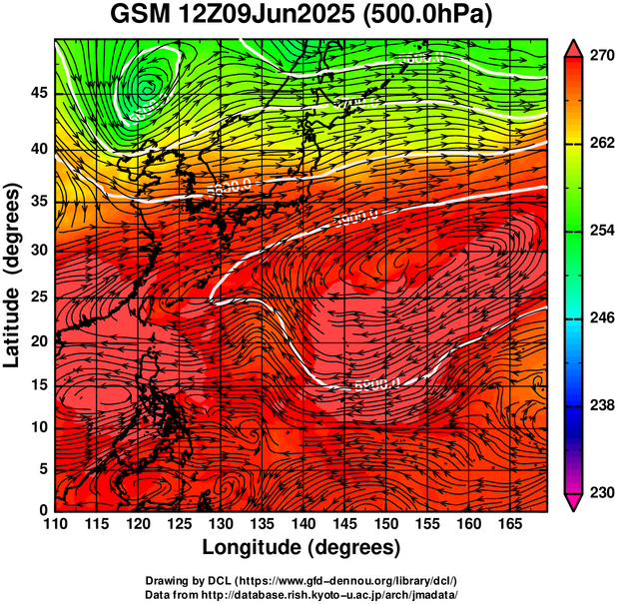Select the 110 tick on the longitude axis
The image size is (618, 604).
pos(55,524)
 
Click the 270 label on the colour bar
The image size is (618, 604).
pos(600,58)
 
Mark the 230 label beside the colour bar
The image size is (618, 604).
pos(600,492)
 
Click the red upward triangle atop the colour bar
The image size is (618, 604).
pos(573,48)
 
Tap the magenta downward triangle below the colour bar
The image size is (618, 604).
pos(573,502)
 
